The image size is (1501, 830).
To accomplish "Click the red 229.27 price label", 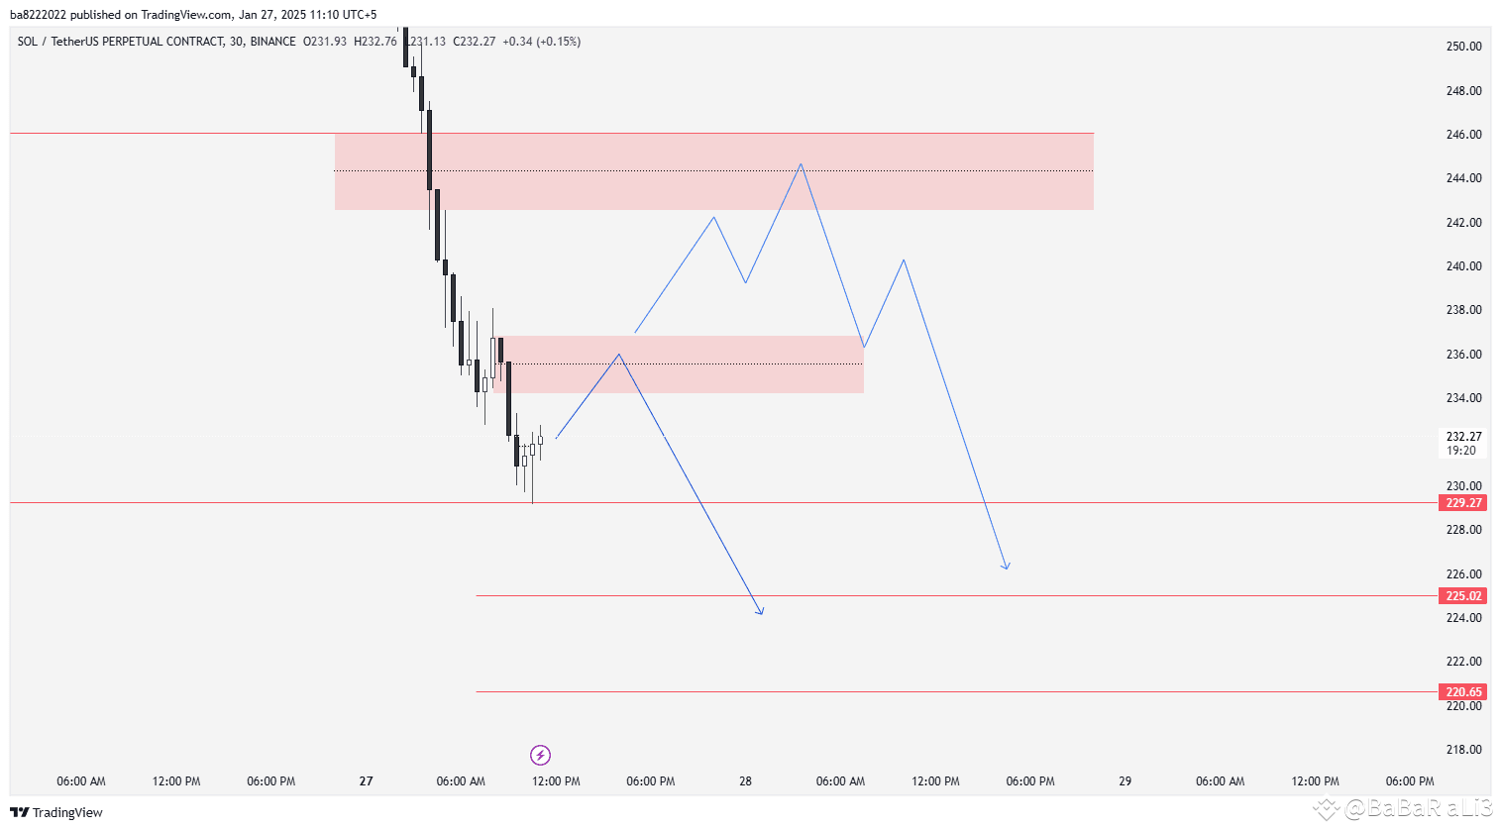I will (x=1463, y=503).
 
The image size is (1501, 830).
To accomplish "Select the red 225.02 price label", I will (x=1463, y=596).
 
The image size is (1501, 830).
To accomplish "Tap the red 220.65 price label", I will (x=1463, y=692).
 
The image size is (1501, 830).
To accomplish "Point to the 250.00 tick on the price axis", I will (x=1463, y=47).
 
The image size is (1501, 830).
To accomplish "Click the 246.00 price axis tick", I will (x=1463, y=135).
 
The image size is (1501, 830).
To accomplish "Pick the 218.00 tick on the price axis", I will (x=1463, y=750).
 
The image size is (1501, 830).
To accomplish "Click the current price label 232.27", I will (x=1463, y=437).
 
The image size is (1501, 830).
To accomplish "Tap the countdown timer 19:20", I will (x=1460, y=451).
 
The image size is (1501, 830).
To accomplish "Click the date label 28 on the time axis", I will (x=745, y=781).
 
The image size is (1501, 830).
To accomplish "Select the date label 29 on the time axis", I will (x=1125, y=781).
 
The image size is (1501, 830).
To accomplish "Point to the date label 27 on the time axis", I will (x=366, y=781).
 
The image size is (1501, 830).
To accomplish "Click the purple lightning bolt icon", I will (x=540, y=756).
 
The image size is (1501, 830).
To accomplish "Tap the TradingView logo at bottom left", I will (x=56, y=812).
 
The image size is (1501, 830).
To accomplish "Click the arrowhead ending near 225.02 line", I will (x=761, y=612).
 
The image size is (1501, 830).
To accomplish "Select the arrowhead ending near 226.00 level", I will (x=1007, y=567).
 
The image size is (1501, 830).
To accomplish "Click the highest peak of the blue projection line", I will (x=801, y=164).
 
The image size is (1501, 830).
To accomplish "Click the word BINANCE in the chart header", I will (x=272, y=42).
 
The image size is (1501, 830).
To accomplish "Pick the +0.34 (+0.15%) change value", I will (x=541, y=42).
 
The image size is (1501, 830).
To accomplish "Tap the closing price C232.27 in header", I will (x=474, y=42).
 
